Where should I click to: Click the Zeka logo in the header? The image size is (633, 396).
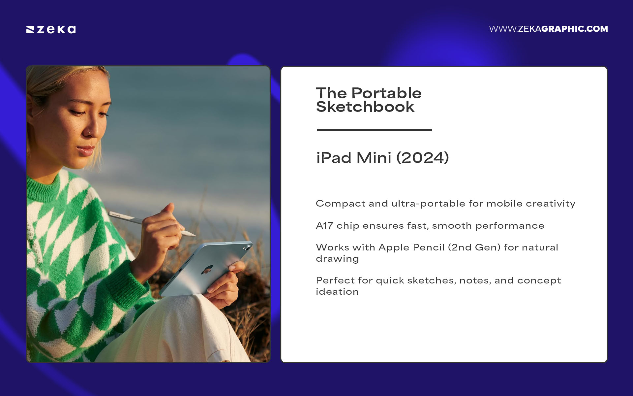tap(51, 29)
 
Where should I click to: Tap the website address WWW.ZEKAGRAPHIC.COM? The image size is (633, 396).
tap(548, 29)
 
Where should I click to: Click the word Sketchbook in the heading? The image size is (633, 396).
tap(365, 107)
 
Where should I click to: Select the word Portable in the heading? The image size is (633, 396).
tap(386, 93)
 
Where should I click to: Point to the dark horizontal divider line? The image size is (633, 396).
tap(374, 130)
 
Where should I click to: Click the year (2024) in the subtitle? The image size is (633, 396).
tap(422, 158)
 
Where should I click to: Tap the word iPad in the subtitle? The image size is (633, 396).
tap(334, 158)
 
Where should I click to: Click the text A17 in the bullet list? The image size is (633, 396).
tap(324, 226)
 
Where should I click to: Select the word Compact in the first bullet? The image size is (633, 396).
tap(340, 204)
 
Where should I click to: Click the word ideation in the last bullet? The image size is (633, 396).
tap(337, 292)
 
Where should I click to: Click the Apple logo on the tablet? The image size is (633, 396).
tap(207, 270)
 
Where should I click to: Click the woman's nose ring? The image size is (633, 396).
tap(89, 134)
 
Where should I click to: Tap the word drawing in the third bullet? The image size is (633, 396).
tap(337, 259)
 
